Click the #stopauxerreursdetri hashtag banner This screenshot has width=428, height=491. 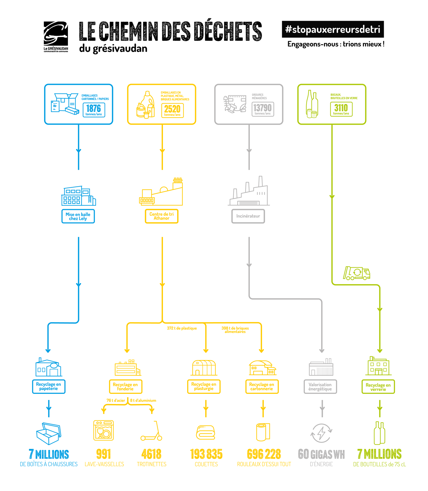332,29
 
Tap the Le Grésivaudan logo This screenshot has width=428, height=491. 56,37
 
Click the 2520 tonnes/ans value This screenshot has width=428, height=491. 172,110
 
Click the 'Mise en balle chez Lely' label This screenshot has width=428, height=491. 78,216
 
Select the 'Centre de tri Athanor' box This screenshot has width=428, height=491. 161,216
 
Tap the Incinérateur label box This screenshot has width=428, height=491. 248,216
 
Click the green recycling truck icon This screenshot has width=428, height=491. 356,273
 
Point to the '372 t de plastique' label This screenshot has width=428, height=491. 182,328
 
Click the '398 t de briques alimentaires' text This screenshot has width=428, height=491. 235,330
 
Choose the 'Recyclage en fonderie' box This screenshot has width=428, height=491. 125,386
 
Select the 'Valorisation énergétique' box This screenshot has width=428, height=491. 320,387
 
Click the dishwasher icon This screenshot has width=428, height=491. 103,430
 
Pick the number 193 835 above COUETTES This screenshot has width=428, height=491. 206,454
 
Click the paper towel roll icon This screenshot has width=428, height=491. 263,432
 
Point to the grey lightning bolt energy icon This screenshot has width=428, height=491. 321,433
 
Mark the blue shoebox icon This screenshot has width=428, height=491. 49,433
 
